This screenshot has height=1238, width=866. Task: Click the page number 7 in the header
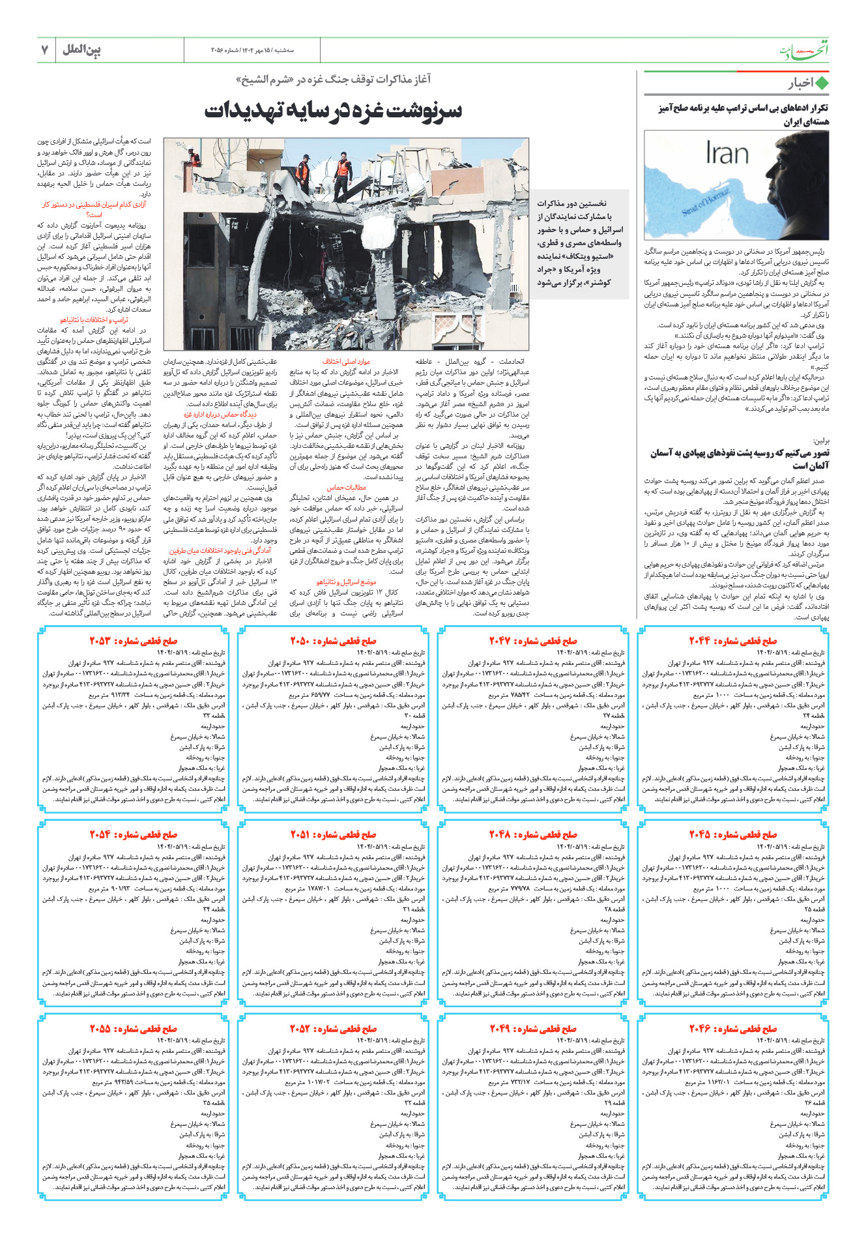[x=45, y=50]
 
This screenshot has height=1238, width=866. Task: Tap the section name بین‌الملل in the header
[x=81, y=50]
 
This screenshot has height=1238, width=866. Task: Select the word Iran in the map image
[x=727, y=154]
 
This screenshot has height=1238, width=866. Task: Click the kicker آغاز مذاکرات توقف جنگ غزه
[x=333, y=80]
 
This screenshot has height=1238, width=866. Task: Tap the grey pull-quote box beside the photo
[x=580, y=243]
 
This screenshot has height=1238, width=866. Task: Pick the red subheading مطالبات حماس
[x=346, y=487]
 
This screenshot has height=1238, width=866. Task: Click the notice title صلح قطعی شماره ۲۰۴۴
[x=733, y=641]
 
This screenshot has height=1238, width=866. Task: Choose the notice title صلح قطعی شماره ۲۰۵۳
[x=134, y=641]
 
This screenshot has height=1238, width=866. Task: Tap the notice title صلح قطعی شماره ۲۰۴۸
[x=533, y=834]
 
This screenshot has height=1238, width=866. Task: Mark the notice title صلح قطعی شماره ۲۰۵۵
[x=134, y=1029]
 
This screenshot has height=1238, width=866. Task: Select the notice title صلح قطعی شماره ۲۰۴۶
[x=733, y=1029]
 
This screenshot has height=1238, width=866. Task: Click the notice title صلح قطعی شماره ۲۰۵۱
[x=333, y=834]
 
